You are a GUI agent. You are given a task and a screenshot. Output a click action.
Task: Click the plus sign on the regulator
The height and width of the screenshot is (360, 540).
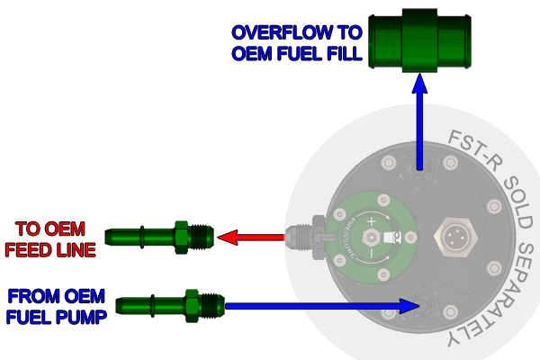[372, 195]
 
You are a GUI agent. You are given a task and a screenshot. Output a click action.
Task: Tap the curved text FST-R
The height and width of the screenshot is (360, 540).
[470, 148]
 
